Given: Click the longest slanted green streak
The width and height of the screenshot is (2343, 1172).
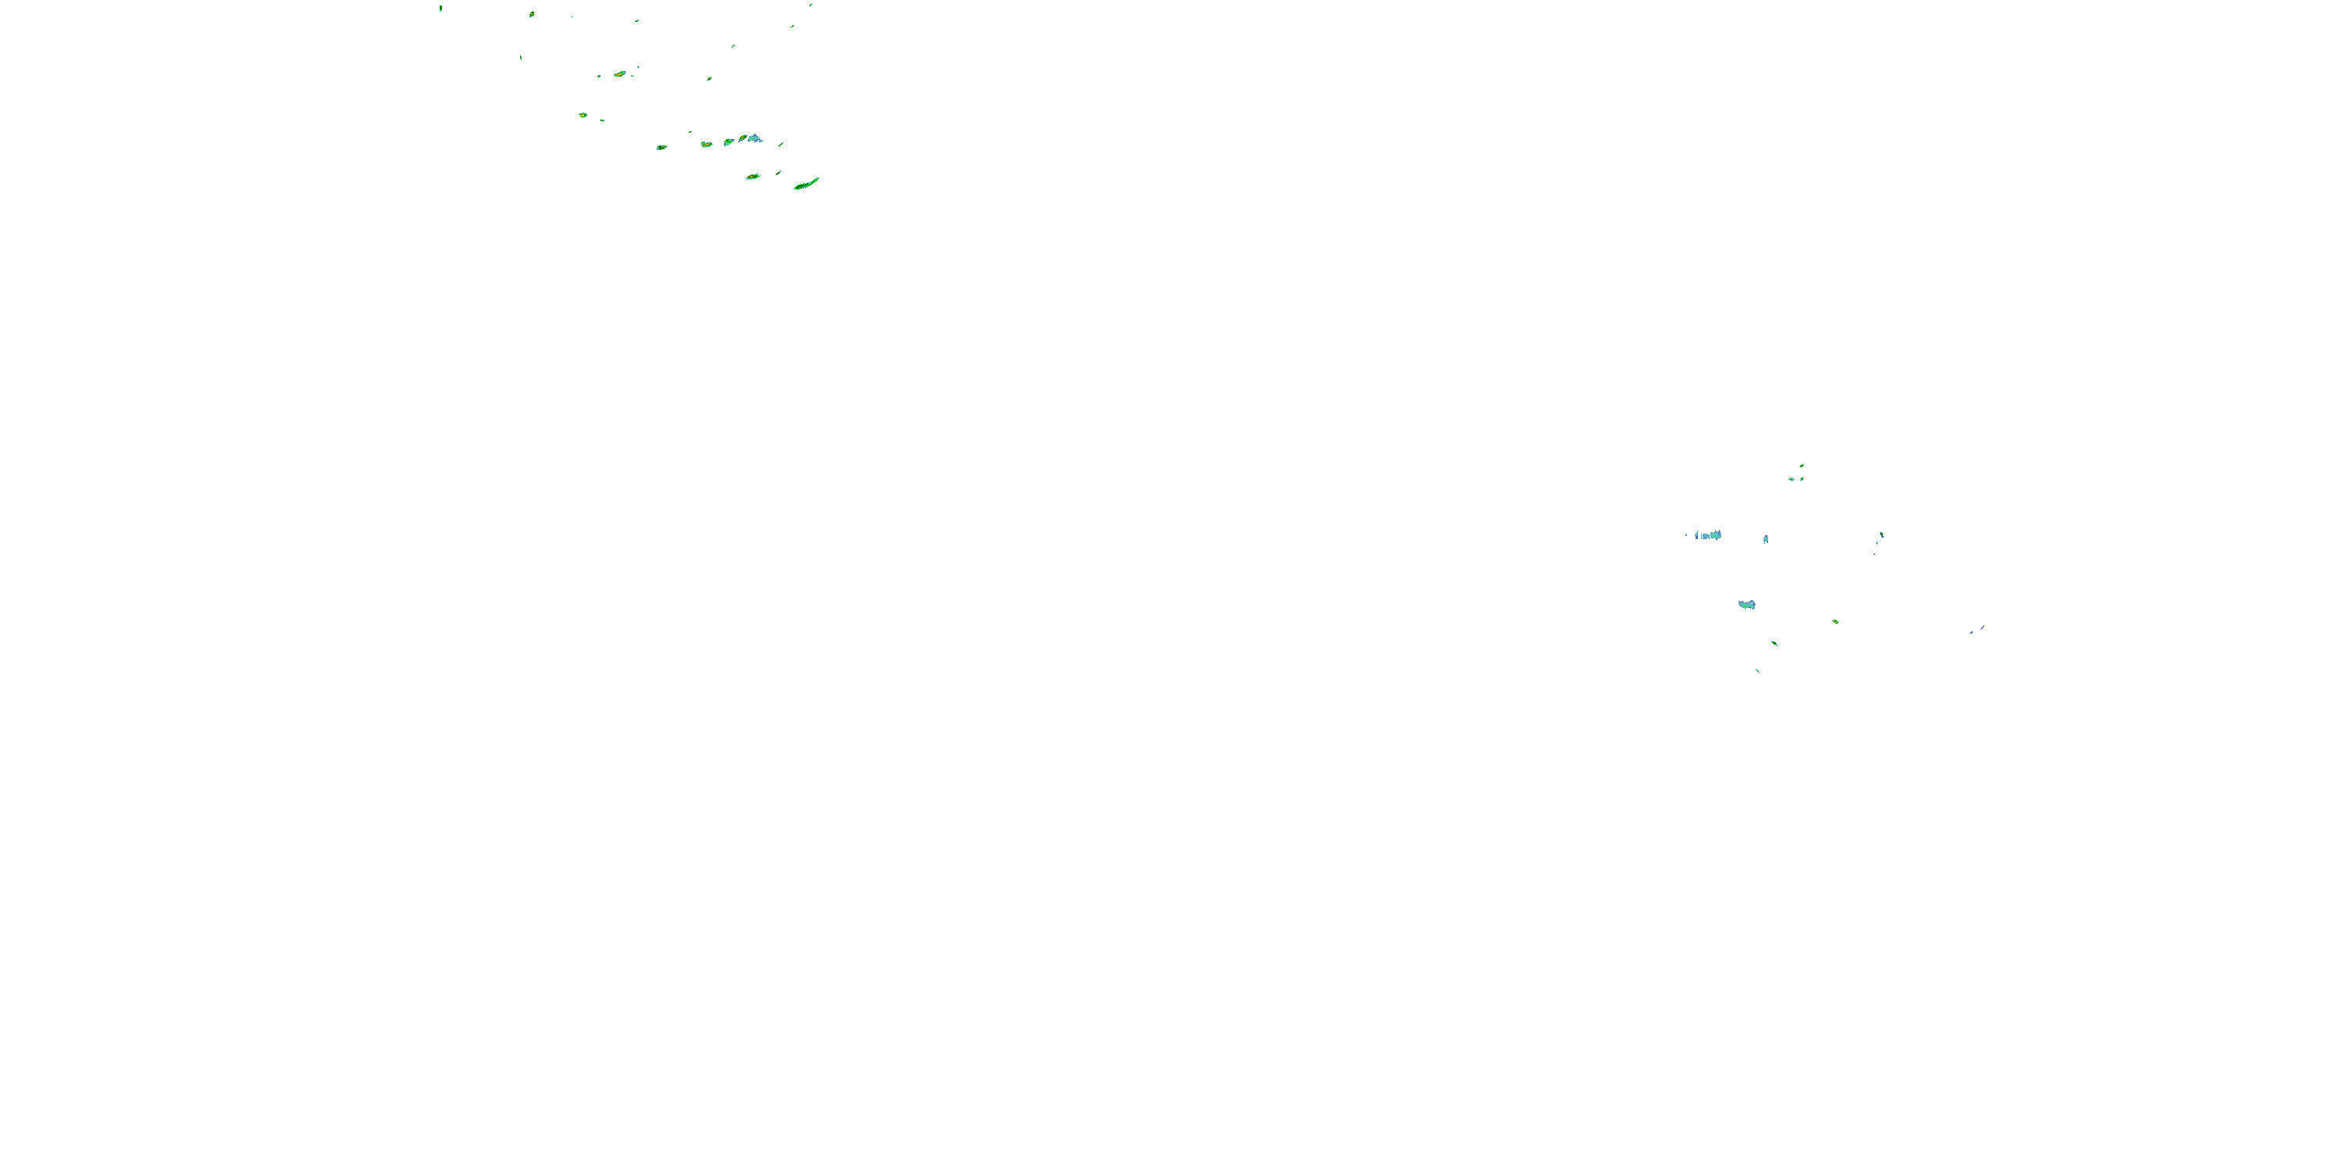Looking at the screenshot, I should click(x=806, y=184).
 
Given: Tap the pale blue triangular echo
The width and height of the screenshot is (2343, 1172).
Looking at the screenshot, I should click(x=754, y=138).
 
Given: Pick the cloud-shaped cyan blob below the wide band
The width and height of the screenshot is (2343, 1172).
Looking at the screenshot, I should click(x=1746, y=604).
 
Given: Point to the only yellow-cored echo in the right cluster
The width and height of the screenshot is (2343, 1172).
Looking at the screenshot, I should click(x=1835, y=621).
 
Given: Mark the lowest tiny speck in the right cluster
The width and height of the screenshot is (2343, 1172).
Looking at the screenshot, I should click(x=1757, y=670).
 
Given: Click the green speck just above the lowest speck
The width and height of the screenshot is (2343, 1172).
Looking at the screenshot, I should click(x=1774, y=643).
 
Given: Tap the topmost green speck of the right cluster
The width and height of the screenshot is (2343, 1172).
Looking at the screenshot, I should click(x=1802, y=466).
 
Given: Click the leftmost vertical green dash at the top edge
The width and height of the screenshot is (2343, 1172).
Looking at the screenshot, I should click(x=440, y=8).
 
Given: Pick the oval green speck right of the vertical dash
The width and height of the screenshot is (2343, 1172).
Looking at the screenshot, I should click(x=531, y=13).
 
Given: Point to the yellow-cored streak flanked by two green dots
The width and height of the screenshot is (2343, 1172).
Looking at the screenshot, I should click(x=619, y=73).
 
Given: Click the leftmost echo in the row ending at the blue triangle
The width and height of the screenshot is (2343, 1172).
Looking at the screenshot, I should click(x=662, y=147).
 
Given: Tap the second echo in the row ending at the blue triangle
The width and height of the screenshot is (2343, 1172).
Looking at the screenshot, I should click(x=706, y=144).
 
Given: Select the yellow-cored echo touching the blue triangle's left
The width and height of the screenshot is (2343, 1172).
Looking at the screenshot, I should click(x=742, y=138).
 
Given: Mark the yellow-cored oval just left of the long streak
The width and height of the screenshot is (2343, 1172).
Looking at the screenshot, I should click(x=752, y=177).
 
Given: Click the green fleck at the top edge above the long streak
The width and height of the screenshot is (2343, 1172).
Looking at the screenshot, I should click(x=811, y=5).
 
